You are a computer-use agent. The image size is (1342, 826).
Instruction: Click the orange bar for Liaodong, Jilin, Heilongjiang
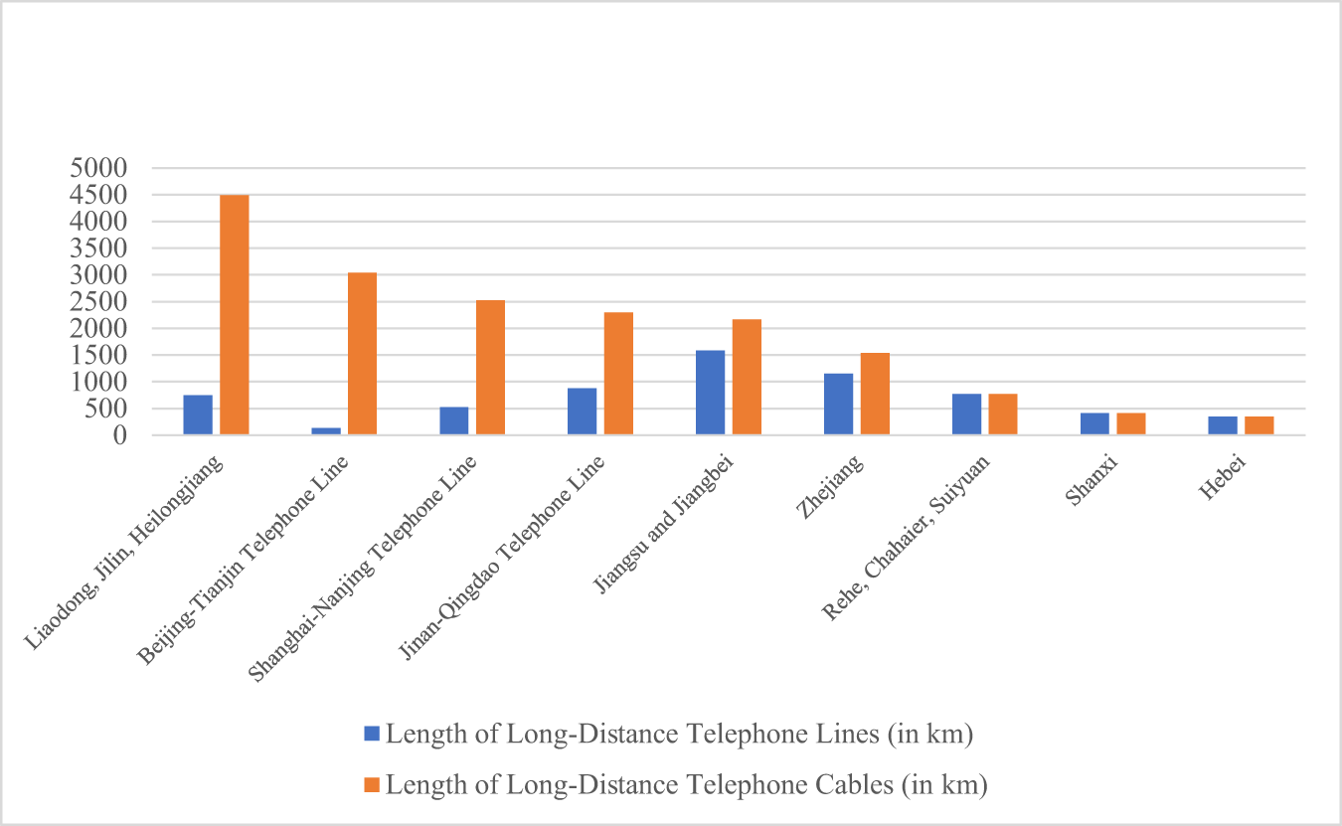[234, 315]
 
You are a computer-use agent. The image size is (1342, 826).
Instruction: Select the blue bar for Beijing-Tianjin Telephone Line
[326, 430]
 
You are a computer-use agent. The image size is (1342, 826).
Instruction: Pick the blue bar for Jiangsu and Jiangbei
[710, 393]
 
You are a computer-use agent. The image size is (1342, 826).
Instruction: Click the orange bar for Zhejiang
[875, 394]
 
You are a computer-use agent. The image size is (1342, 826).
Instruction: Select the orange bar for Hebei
[1259, 425]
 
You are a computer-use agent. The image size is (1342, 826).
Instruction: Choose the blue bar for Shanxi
[1094, 423]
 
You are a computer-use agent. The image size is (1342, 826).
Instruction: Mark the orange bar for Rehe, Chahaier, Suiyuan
[1003, 414]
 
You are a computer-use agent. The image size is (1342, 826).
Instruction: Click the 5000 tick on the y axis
[100, 168]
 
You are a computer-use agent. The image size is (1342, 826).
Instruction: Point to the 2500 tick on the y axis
[100, 301]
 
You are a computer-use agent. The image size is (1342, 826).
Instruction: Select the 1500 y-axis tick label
[100, 355]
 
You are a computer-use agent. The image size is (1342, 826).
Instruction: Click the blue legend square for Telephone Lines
[372, 735]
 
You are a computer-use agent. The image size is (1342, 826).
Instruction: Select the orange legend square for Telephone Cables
[372, 785]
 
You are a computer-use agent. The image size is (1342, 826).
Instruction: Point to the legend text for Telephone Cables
[686, 785]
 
